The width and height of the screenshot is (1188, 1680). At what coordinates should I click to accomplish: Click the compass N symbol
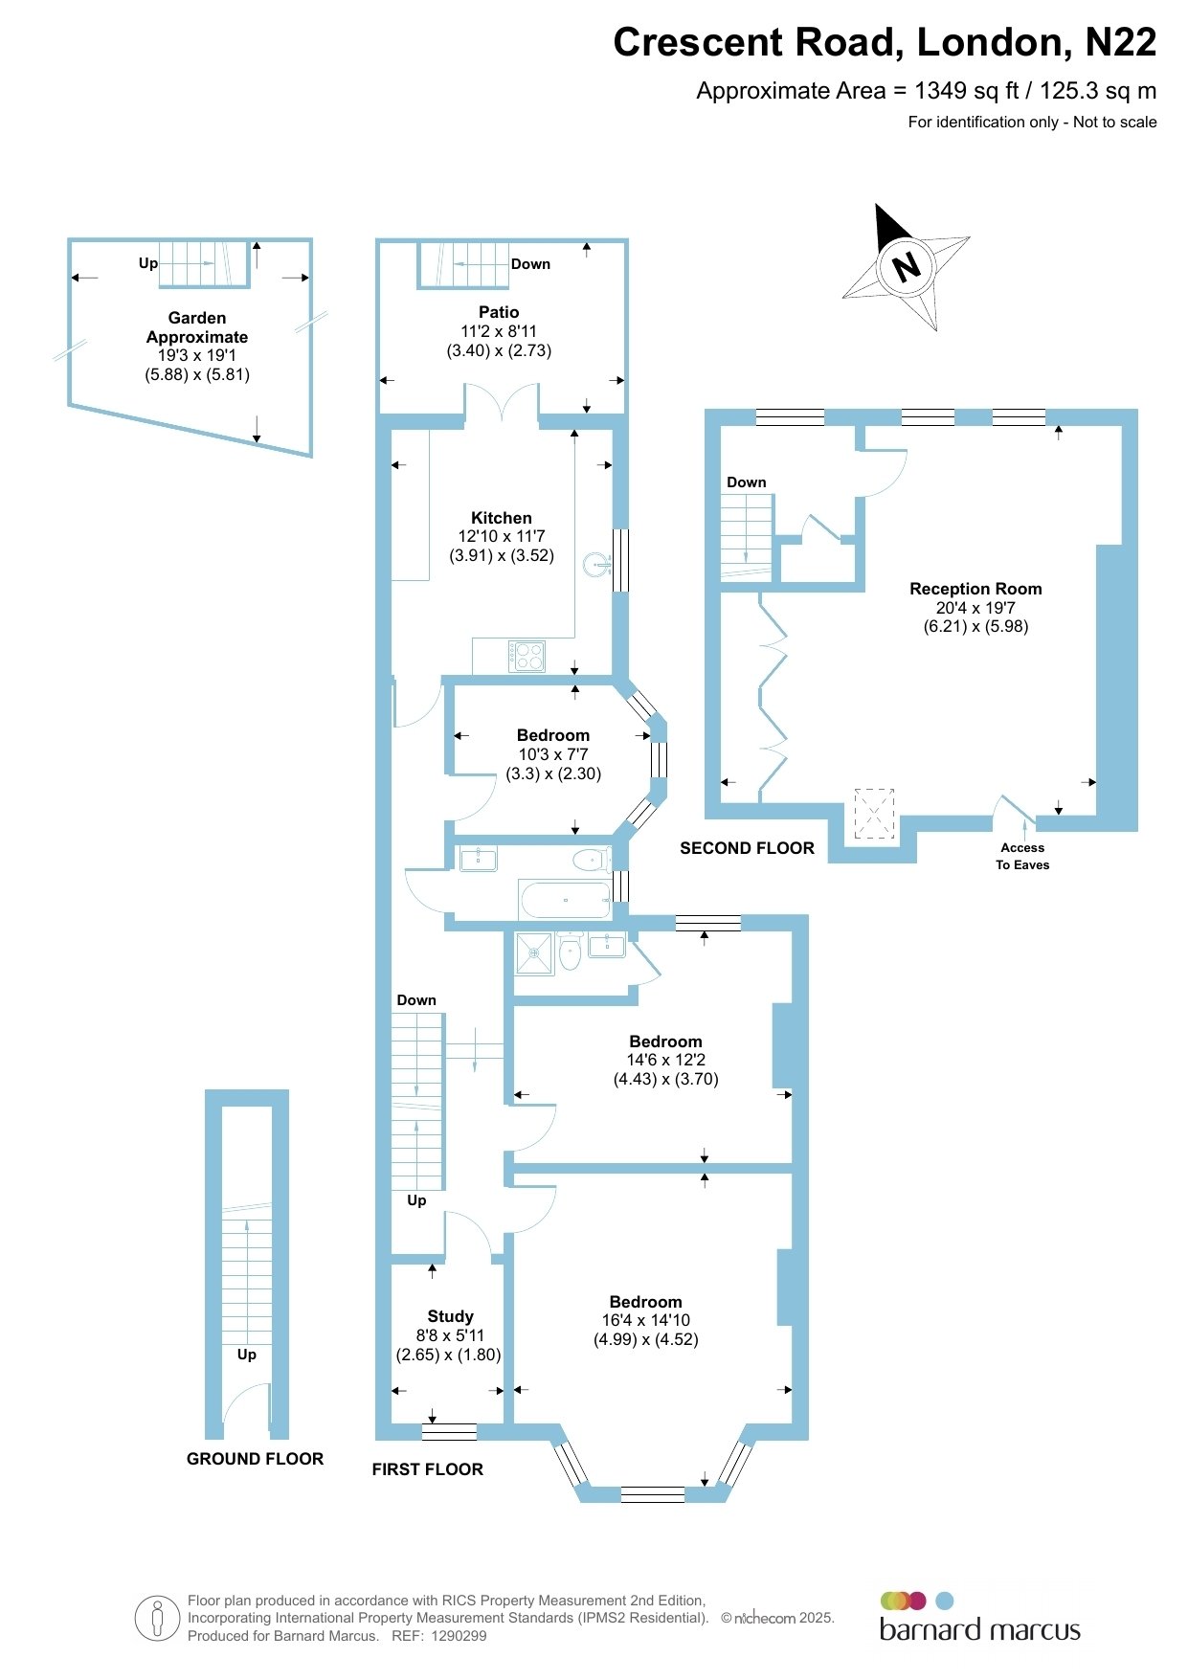tap(906, 266)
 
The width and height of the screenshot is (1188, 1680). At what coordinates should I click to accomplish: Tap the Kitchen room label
tap(502, 518)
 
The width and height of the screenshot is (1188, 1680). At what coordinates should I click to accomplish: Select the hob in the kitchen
tap(527, 656)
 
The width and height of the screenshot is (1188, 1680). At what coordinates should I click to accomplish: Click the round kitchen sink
tap(594, 564)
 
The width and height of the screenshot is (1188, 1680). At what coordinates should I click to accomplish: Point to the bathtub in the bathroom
tap(565, 900)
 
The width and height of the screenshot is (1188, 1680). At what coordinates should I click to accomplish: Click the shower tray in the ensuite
tap(534, 953)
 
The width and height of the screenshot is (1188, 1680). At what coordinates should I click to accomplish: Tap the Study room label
tap(451, 1316)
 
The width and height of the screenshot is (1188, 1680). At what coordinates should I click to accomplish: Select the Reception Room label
tap(975, 589)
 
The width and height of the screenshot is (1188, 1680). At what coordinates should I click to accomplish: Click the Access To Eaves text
tap(1022, 856)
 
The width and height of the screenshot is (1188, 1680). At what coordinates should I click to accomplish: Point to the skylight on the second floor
tap(873, 814)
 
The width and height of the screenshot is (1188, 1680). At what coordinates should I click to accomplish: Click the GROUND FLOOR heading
tap(255, 1459)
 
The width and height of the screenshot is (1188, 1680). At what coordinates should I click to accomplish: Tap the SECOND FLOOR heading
tap(747, 848)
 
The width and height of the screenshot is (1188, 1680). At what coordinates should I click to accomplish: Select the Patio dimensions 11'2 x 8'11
tap(499, 331)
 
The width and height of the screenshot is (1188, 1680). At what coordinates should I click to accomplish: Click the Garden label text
tap(197, 318)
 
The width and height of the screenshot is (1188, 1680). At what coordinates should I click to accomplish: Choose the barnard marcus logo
tap(979, 1617)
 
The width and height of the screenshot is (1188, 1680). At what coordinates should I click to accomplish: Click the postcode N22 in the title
tap(1120, 42)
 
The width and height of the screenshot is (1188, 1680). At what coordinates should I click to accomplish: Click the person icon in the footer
tap(157, 1618)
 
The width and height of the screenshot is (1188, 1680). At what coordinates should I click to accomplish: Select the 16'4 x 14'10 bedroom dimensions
tap(646, 1320)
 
